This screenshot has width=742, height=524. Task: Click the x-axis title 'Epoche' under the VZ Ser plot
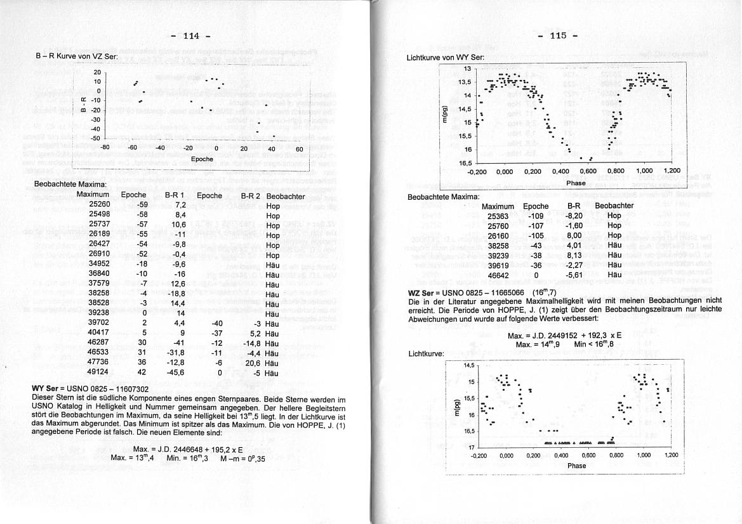(202, 159)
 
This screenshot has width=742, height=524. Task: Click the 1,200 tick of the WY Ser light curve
(671, 171)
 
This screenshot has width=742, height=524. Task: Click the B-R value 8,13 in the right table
(574, 256)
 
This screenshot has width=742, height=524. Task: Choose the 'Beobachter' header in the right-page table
(614, 206)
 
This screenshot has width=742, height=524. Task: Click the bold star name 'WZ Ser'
(420, 292)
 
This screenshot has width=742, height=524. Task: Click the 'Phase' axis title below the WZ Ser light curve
(577, 465)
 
